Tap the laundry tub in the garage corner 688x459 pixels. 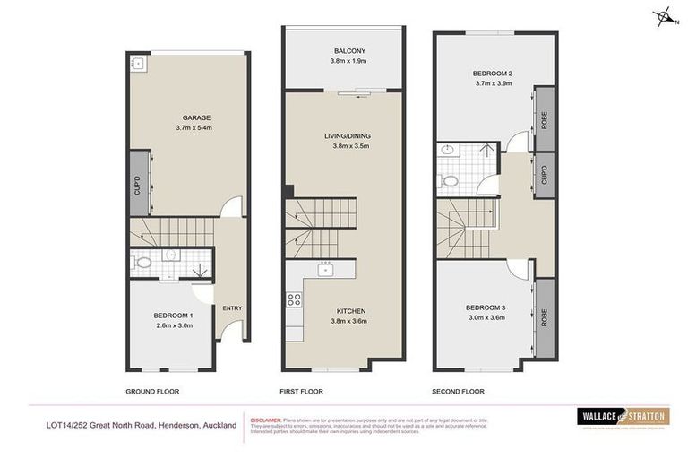[x=137, y=64]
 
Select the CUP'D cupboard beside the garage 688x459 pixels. [x=138, y=184]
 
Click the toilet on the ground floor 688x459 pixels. [x=141, y=263]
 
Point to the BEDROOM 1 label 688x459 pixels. [x=172, y=316]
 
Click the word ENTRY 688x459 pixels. [x=231, y=308]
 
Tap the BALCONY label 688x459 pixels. [x=344, y=51]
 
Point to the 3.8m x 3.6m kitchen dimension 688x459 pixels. [x=350, y=321]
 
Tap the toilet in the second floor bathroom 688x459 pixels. [x=451, y=182]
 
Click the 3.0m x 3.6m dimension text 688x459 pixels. [x=486, y=318]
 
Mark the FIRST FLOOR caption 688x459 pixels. [x=300, y=392]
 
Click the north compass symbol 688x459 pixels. [x=663, y=17]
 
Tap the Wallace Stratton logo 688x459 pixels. [x=620, y=417]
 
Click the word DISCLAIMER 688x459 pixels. [x=268, y=418]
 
